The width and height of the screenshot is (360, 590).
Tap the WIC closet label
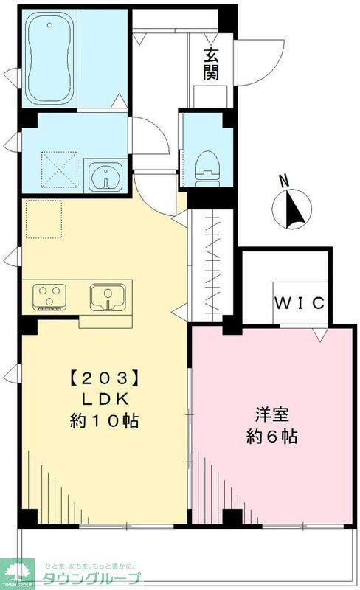coord(301,303)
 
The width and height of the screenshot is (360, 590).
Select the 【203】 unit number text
coord(104,380)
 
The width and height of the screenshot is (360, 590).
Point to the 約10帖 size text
coord(104,422)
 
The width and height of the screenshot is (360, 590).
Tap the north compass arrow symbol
coord(294,209)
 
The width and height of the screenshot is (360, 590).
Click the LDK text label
coord(104,400)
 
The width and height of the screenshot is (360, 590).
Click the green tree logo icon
coord(18,569)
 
